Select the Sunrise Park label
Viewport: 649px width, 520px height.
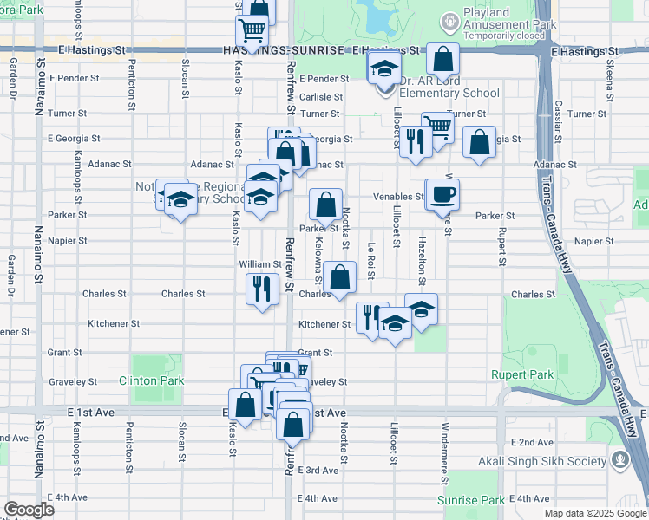click(x=482, y=501)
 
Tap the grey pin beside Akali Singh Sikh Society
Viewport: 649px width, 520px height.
click(x=620, y=458)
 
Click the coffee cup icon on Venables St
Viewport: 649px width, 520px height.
click(x=442, y=194)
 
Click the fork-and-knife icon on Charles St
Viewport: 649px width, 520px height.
click(x=262, y=289)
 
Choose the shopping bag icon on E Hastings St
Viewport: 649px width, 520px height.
click(x=443, y=60)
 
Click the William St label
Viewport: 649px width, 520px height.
click(x=260, y=263)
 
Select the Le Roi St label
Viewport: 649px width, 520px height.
click(x=370, y=261)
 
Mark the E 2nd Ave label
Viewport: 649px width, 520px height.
click(x=531, y=442)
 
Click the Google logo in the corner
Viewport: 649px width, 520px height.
click(x=29, y=510)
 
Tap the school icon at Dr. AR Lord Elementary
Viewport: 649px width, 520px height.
click(x=383, y=68)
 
